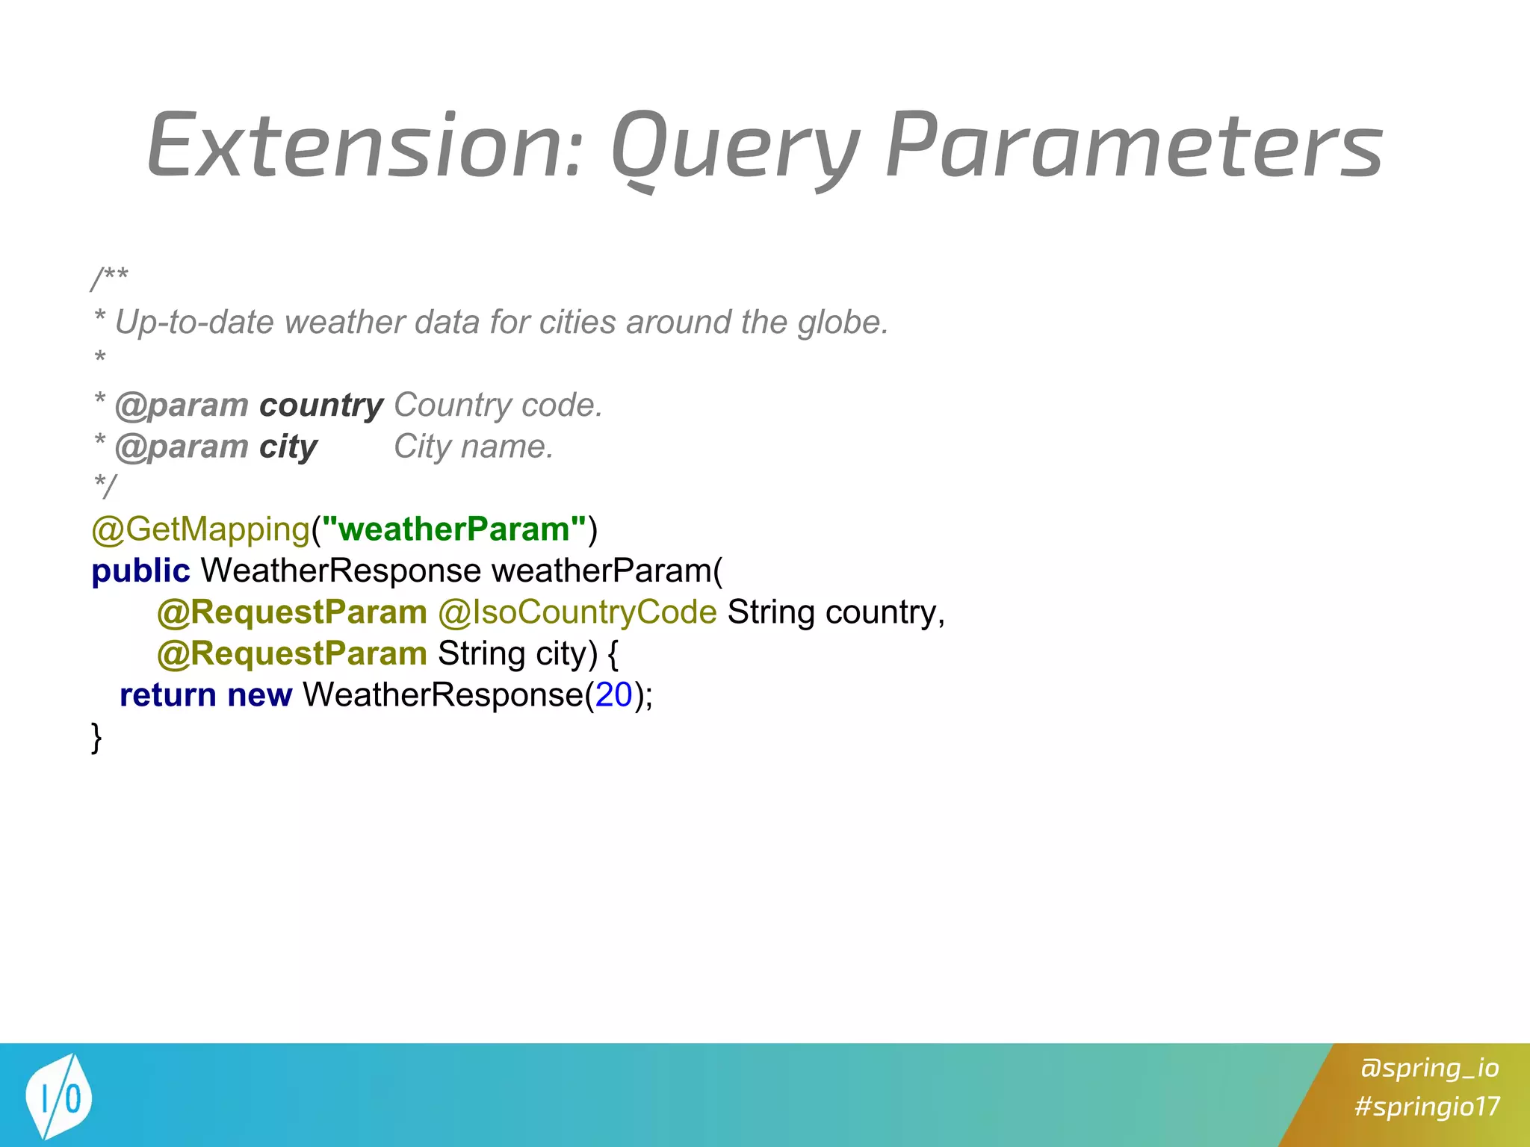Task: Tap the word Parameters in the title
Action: (x=1134, y=146)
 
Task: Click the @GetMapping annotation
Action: (x=200, y=529)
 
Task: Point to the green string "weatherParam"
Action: (x=454, y=529)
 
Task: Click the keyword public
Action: (x=140, y=571)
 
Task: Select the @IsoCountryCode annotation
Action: (x=577, y=612)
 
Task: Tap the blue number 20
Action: (x=614, y=695)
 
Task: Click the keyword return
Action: (x=168, y=695)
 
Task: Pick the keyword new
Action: (x=259, y=695)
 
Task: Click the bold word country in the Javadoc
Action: (x=321, y=405)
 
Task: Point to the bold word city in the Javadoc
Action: (x=288, y=447)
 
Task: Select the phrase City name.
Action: (x=474, y=447)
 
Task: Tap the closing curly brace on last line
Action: (x=96, y=737)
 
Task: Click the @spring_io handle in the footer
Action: (x=1429, y=1067)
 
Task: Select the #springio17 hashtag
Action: (x=1427, y=1106)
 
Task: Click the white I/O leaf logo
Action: (x=58, y=1096)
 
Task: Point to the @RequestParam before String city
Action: (x=292, y=654)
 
